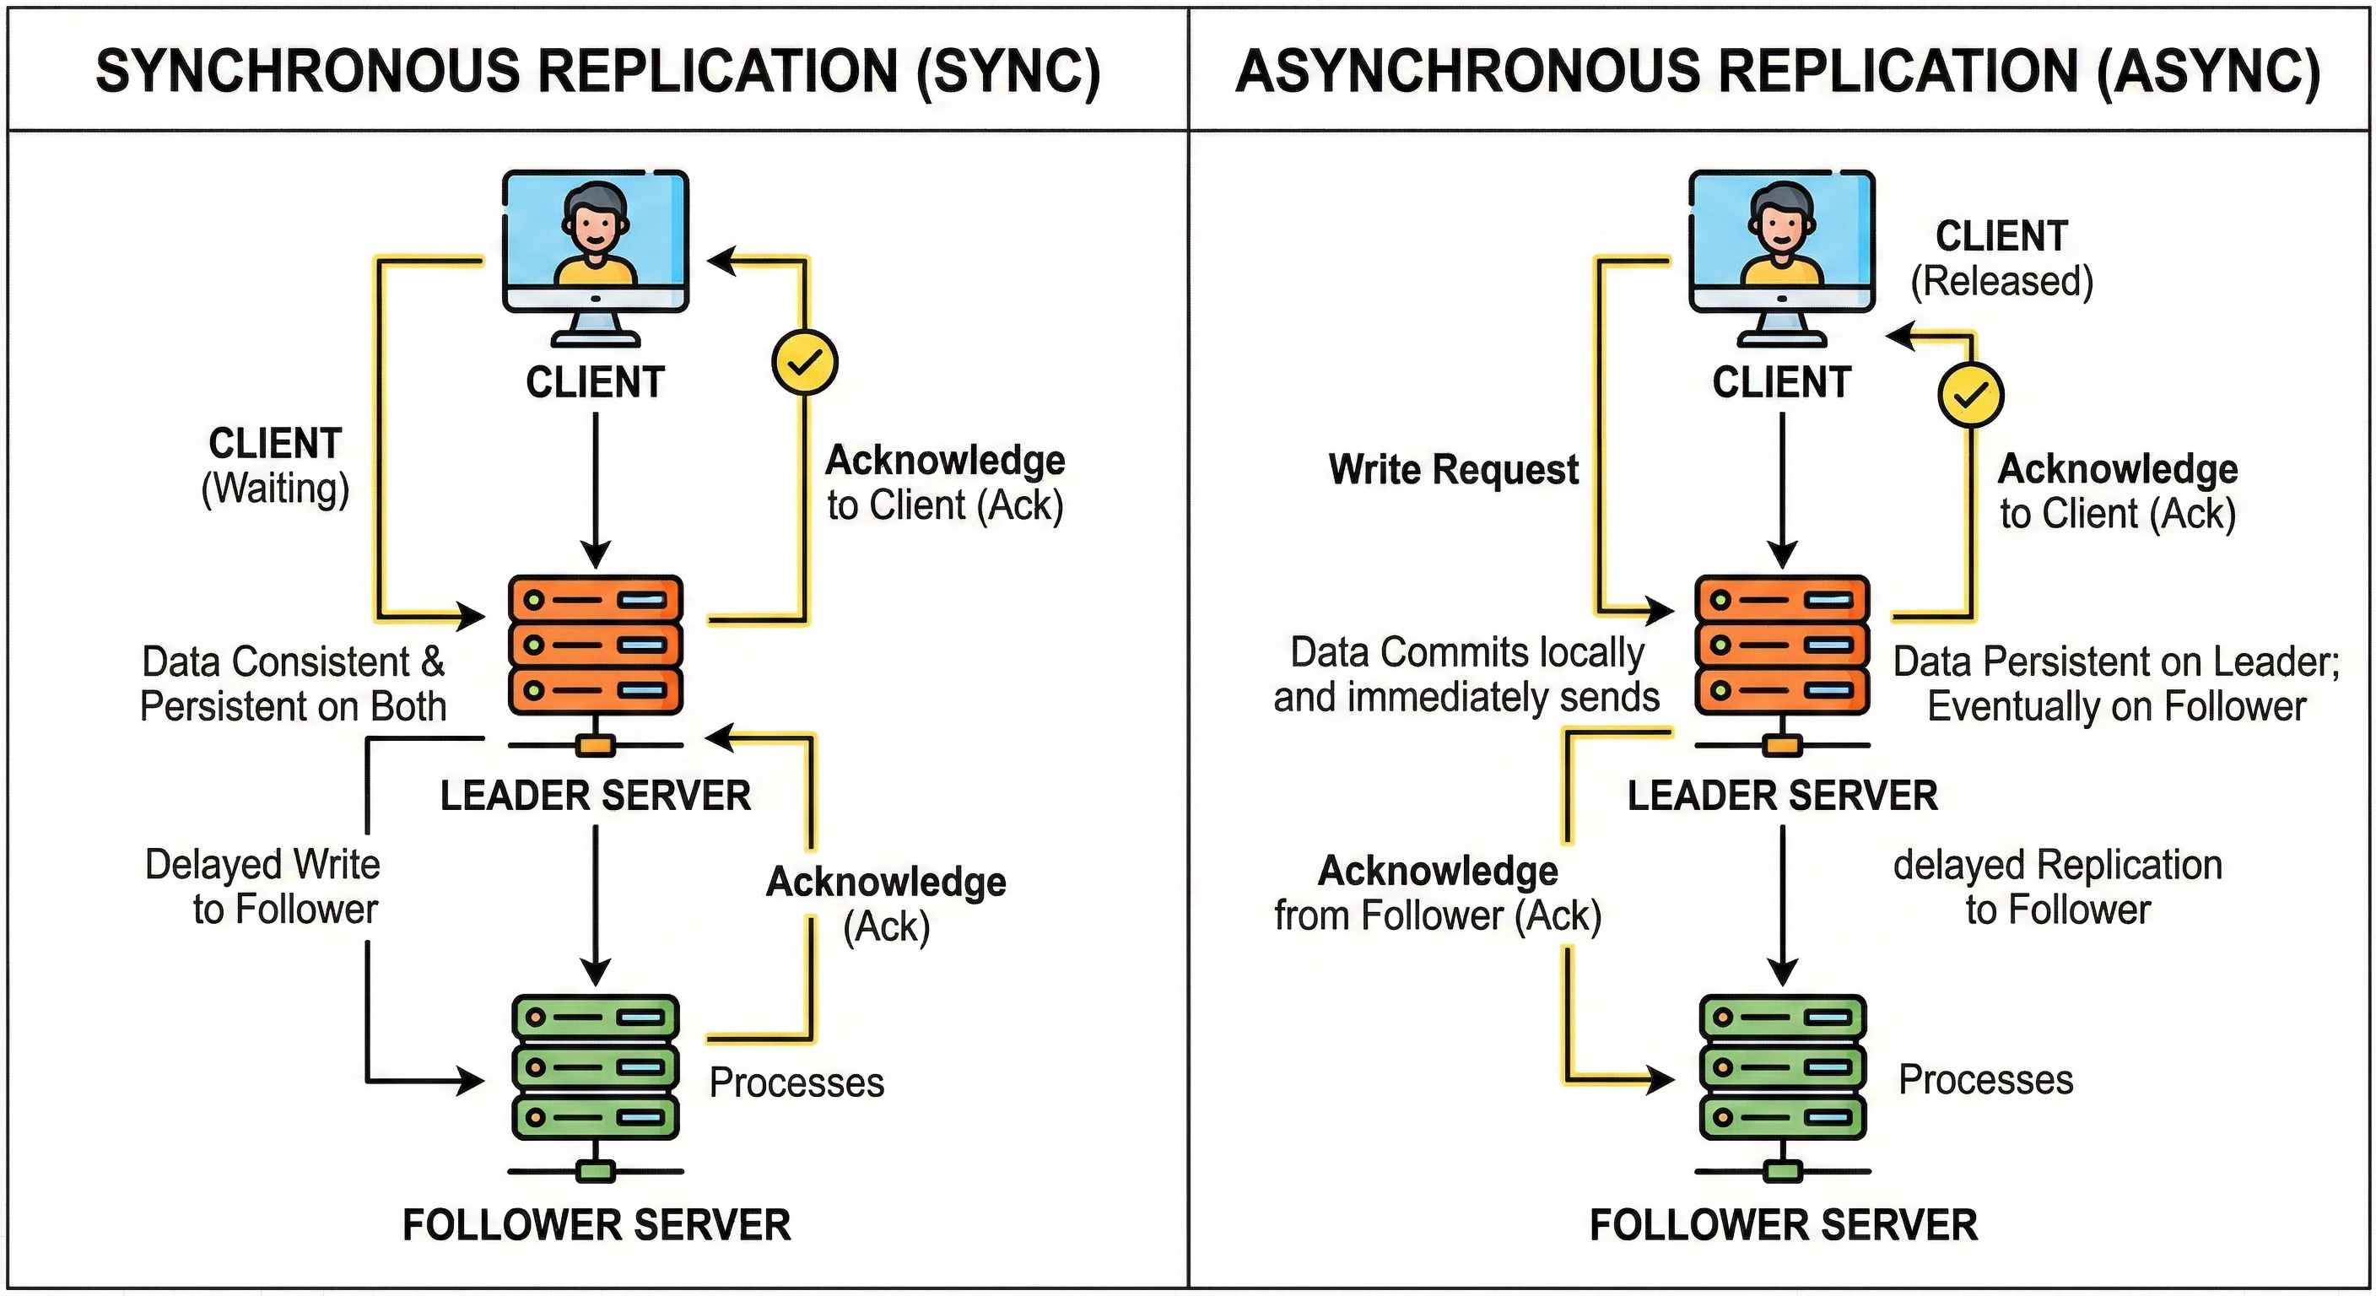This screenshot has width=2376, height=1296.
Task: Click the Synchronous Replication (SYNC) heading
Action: pyautogui.click(x=597, y=72)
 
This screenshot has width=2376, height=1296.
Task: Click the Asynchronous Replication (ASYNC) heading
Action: pyautogui.click(x=1779, y=72)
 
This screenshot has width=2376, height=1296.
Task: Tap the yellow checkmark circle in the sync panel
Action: pyautogui.click(x=804, y=363)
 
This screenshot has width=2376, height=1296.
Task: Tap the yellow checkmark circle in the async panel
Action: pyautogui.click(x=1970, y=395)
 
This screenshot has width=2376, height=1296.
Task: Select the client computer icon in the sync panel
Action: pyautogui.click(x=595, y=258)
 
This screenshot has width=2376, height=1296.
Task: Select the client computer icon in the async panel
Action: pyautogui.click(x=1782, y=258)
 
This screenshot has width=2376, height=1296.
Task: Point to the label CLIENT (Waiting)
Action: pyautogui.click(x=276, y=467)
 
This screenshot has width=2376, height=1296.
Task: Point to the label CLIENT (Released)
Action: pyautogui.click(x=2001, y=259)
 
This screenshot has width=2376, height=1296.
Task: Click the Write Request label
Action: pyautogui.click(x=1454, y=469)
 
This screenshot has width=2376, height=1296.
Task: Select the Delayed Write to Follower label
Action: pyautogui.click(x=263, y=887)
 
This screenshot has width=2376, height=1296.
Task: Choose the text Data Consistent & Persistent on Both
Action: pyautogui.click(x=294, y=683)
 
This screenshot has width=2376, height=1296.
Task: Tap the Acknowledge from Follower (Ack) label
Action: pyautogui.click(x=1438, y=893)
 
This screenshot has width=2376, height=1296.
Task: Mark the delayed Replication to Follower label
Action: pyautogui.click(x=2058, y=888)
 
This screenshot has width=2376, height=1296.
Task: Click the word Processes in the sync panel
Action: pyautogui.click(x=796, y=1083)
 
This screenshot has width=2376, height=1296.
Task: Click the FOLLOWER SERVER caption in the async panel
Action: pyautogui.click(x=1784, y=1225)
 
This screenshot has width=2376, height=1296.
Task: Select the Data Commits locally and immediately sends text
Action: pyautogui.click(x=1466, y=674)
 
